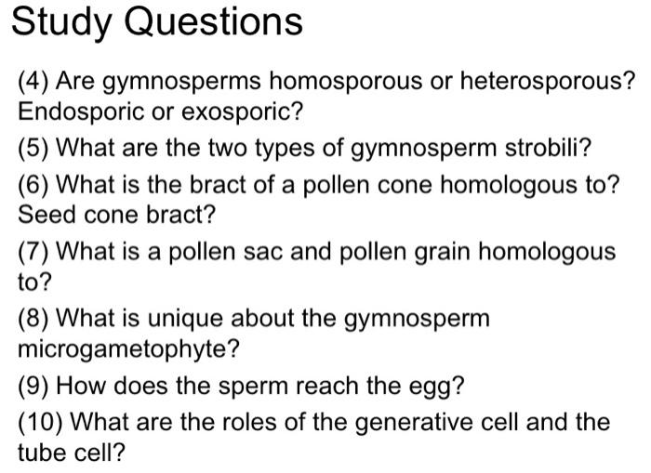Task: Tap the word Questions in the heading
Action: click(214, 21)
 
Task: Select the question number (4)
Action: click(34, 82)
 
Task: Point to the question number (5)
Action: click(34, 148)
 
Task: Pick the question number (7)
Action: click(34, 251)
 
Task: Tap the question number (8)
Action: click(34, 319)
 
